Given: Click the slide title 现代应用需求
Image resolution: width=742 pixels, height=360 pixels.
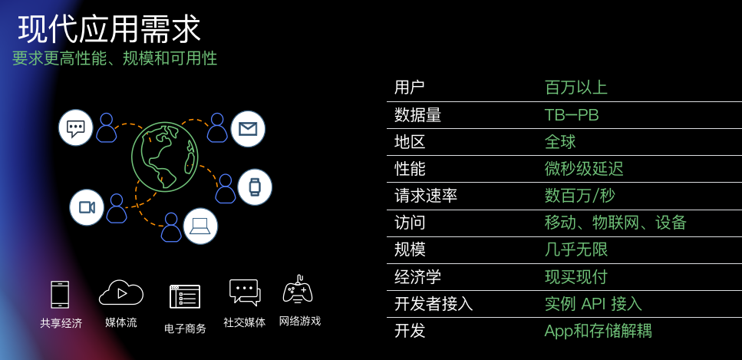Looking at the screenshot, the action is (x=110, y=29).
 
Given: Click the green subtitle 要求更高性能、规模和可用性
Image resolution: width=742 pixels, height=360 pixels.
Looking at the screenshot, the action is (x=114, y=58).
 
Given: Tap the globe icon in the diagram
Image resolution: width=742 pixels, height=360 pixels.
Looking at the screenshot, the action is (x=164, y=157).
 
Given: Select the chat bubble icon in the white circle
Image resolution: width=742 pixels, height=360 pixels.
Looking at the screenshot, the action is (x=76, y=127).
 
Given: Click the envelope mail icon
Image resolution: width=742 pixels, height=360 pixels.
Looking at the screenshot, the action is (x=248, y=129).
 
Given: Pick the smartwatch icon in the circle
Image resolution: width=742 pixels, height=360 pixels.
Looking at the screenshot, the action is (x=255, y=187).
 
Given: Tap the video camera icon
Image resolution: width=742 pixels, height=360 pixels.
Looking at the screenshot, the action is (x=87, y=207).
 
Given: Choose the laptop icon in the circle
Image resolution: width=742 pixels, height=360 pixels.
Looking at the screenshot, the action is (x=200, y=226).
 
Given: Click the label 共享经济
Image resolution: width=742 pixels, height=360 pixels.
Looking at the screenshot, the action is (x=61, y=323).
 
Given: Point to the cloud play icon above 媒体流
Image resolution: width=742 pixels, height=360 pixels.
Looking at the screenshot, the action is (x=121, y=292).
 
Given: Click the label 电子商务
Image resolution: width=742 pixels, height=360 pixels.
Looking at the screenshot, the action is (x=185, y=328).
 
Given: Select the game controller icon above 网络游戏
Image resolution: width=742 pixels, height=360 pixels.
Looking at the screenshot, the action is (x=298, y=290).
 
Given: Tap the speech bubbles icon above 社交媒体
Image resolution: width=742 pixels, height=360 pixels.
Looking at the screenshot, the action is (x=245, y=292).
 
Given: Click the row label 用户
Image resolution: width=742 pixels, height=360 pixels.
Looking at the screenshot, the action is (x=409, y=88).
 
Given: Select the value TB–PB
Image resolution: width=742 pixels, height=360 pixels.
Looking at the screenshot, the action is (x=571, y=115).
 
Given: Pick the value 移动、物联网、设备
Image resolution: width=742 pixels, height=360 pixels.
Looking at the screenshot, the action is (x=615, y=223).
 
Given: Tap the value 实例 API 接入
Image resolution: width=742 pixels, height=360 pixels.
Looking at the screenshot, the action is (x=592, y=304).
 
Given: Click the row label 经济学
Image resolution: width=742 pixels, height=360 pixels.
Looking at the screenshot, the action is (x=417, y=277).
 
